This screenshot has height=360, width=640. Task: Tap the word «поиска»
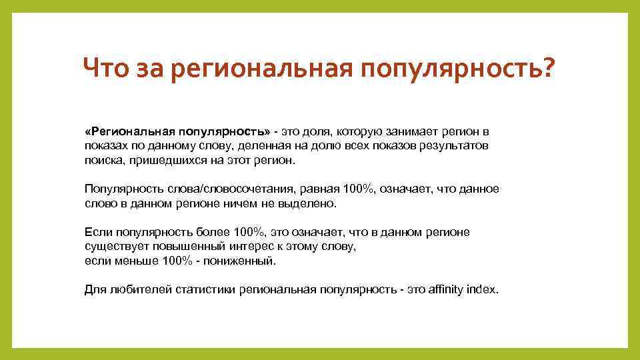[103, 161]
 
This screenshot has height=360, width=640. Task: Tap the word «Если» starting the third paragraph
[99, 232]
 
